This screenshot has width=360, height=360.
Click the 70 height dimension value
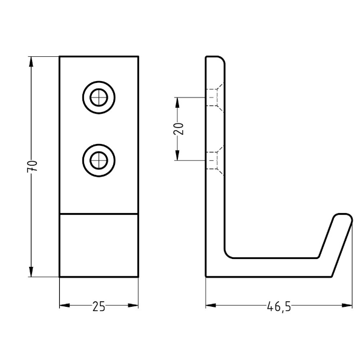coord(34,166)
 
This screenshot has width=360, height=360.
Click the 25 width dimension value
coord(99,306)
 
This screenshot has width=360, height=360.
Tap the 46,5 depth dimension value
coord(278,306)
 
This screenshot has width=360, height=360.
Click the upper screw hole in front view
coord(97,96)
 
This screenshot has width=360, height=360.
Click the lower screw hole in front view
coord(97,160)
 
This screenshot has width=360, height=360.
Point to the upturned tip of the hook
coord(342,218)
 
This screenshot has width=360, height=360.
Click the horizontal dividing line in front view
coord(99,213)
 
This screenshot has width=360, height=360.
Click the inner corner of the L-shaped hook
coord(228,255)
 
